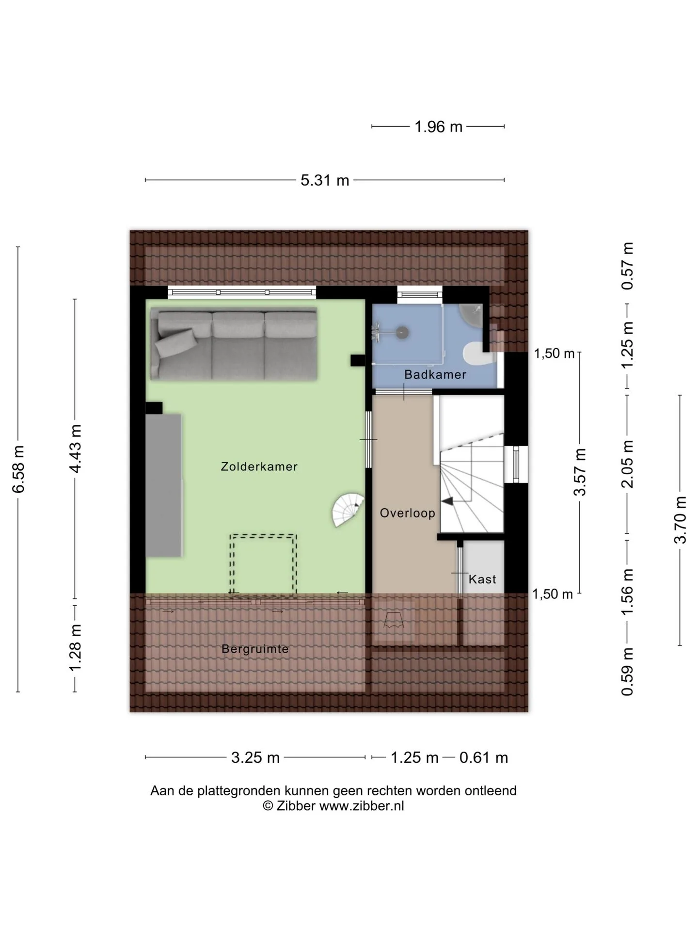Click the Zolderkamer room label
click(x=259, y=466)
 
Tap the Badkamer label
click(x=435, y=374)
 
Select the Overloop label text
click(x=407, y=513)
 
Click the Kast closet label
click(x=482, y=579)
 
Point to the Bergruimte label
click(x=255, y=649)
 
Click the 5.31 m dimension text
click(x=325, y=180)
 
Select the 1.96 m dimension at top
click(x=438, y=127)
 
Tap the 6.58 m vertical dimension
click(x=18, y=469)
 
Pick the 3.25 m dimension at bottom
click(x=255, y=757)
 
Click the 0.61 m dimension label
click(x=484, y=757)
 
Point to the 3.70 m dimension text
click(x=681, y=520)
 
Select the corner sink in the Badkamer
click(x=472, y=315)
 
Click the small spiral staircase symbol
click(x=348, y=510)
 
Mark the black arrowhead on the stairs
click(x=447, y=501)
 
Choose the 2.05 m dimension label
click(x=628, y=464)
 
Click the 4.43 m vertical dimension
click(x=75, y=448)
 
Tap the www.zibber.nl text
click(x=362, y=806)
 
